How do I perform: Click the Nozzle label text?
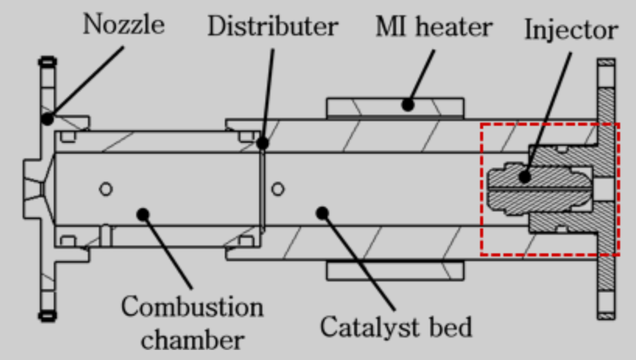point(124,24)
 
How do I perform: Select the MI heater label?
point(433,27)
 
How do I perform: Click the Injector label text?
point(571,30)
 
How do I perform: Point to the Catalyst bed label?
point(396,326)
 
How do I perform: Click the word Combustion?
point(192,307)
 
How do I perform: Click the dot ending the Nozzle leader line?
point(47,118)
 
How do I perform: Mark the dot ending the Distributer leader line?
point(262,143)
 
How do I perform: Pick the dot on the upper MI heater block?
point(407,105)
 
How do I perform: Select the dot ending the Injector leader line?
point(525,177)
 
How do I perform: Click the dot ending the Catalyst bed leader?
point(321,213)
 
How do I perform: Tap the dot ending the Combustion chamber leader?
point(143,214)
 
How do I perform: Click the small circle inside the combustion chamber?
point(105,188)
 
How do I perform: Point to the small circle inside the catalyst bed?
point(278,188)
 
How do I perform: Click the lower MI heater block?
point(395,270)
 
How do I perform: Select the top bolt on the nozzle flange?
point(47,62)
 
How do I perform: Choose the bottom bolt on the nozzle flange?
point(47,316)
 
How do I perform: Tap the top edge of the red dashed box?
point(550,124)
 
